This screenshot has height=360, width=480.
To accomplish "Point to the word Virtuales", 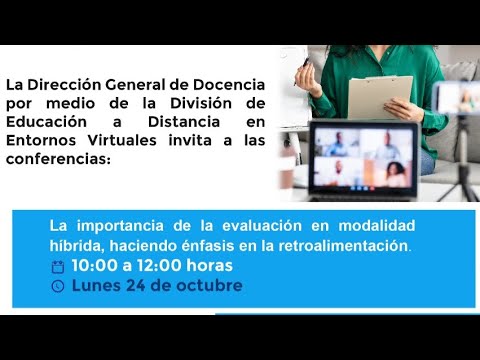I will coord(112,141).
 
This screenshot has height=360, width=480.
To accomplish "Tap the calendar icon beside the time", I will coord(57,266).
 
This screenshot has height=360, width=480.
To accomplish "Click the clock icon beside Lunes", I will coord(57,286).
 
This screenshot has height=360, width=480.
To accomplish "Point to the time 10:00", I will coord(93,265).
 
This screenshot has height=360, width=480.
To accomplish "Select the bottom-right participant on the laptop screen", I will coord(397,174).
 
